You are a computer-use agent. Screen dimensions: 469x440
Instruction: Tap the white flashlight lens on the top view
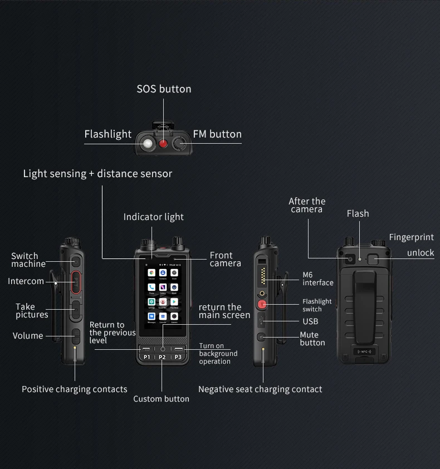coord(147,144)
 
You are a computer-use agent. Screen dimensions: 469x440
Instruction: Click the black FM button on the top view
coord(179,144)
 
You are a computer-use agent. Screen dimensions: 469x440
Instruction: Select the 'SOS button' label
coord(164,89)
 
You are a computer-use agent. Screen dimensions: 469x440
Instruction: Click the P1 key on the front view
coord(146,357)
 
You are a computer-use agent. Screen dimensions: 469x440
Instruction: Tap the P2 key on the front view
coord(162,357)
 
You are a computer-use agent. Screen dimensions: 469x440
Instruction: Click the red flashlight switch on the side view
coord(262,305)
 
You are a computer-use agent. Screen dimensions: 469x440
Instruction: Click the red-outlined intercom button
coord(76,281)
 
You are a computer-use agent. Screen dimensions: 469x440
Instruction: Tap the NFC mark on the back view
coord(364,351)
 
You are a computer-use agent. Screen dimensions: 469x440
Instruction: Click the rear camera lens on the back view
coord(349,258)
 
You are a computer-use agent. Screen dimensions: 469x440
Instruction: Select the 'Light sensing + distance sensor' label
coord(97,174)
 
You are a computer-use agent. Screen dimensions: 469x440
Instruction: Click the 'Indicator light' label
coord(154,217)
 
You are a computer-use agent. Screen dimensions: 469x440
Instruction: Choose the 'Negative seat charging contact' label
coord(260,389)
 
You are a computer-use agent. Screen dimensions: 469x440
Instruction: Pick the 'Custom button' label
coord(162,399)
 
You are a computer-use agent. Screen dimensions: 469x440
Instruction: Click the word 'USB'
coord(310,321)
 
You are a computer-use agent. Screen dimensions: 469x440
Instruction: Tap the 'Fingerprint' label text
coord(411,237)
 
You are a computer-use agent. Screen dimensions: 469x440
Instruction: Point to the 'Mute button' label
coord(311,339)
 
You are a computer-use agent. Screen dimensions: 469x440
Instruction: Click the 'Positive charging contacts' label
coord(75,389)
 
